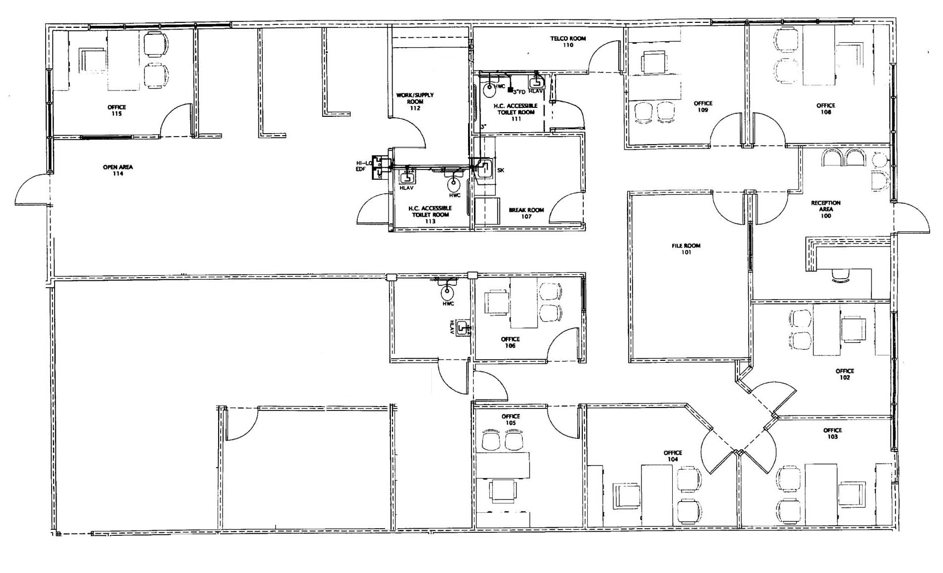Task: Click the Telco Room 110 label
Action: coord(568,42)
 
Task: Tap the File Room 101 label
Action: coord(686,249)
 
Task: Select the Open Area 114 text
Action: coord(118,170)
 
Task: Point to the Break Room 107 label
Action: coord(526,213)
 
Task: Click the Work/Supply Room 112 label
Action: coord(415,101)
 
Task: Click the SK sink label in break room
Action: coord(500,170)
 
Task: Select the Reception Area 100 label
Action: coord(826,209)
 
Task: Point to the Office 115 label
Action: coord(117,110)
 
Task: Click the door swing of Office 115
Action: coord(176,119)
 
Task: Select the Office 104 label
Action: coord(672,456)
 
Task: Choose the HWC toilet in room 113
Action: coord(454,185)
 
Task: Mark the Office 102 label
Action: coord(845,374)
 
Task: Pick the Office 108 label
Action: coord(826,109)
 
